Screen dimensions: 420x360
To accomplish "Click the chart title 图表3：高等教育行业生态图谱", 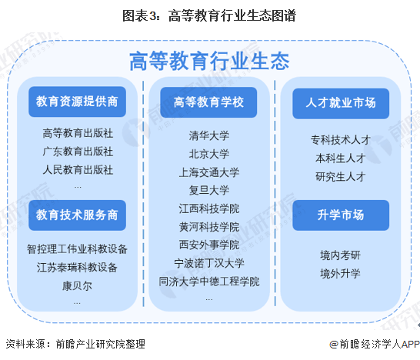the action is pos(209,16).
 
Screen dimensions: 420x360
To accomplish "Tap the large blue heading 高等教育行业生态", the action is pos(209,61).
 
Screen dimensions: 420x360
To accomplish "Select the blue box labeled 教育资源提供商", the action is pos(77,102).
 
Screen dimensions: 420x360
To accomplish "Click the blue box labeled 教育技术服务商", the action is pos(77,215).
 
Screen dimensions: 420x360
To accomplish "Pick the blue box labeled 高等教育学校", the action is pos(208,102).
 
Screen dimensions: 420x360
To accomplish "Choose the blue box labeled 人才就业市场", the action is pos(341,103).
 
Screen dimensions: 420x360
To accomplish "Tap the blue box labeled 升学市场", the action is pos(341,215).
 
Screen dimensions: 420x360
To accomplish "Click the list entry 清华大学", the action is pos(209,135).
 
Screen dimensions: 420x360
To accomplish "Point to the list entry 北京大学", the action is pos(209,154).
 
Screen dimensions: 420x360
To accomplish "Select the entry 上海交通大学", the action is pos(209,172).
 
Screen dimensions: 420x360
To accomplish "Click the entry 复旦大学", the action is pos(209,190).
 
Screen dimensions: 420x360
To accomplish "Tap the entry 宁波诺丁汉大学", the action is pos(209,263).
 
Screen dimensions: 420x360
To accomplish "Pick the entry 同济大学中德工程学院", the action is pos(209,282).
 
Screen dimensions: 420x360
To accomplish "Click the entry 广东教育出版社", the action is pos(78,152).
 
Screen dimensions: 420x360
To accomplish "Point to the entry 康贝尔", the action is pos(77,286).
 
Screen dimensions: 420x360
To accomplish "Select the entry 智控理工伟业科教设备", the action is pos(77,249).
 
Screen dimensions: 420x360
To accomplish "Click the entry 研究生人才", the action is pos(341,177).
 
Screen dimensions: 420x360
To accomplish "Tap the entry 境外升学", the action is pos(341,274).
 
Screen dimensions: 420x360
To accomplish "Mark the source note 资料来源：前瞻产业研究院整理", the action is pos(75,344).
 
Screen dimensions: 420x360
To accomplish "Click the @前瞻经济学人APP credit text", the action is pos(375,344).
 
